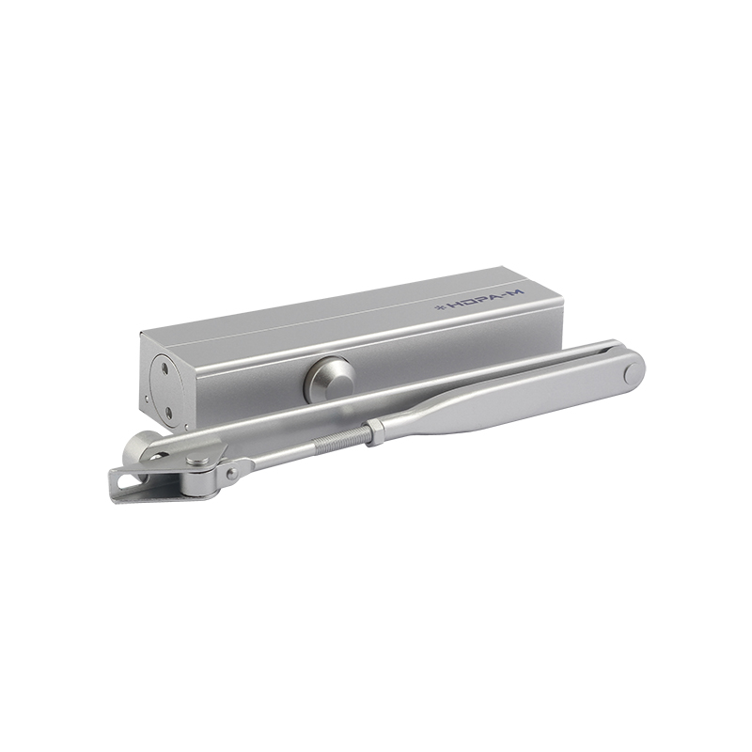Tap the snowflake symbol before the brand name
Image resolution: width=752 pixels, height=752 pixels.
438,307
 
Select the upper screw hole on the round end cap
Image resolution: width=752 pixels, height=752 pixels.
165,368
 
